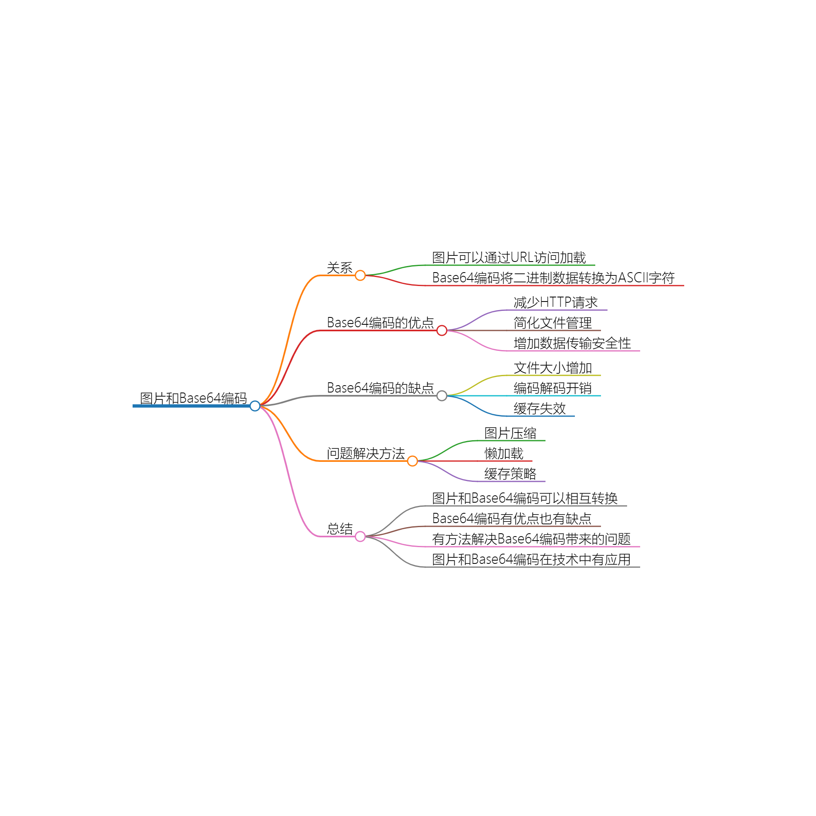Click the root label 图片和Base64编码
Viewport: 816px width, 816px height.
(x=193, y=398)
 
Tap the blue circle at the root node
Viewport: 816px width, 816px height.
(x=255, y=406)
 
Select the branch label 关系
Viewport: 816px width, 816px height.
(x=339, y=268)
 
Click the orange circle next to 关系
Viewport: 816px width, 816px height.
(x=360, y=275)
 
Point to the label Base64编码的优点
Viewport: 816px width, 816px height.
(x=380, y=323)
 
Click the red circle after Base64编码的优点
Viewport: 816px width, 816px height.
(x=442, y=330)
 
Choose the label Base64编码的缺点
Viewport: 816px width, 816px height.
(x=380, y=388)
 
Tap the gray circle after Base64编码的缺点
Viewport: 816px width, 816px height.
(x=442, y=396)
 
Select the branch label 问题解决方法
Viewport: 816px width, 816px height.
(x=366, y=453)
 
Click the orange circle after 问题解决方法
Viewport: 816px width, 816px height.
(x=412, y=461)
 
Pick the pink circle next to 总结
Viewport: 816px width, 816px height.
(x=360, y=537)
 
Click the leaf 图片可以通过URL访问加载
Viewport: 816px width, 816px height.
(x=509, y=257)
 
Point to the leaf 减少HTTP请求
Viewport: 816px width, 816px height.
(x=555, y=302)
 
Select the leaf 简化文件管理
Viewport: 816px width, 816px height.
(x=552, y=323)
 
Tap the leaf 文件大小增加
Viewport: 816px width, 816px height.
(x=552, y=368)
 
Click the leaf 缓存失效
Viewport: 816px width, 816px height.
(x=539, y=408)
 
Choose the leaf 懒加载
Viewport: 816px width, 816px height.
(x=503, y=454)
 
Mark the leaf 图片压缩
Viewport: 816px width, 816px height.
(x=510, y=433)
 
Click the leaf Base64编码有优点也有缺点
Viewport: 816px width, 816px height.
(x=512, y=519)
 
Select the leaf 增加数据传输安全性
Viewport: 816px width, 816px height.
(x=572, y=344)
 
